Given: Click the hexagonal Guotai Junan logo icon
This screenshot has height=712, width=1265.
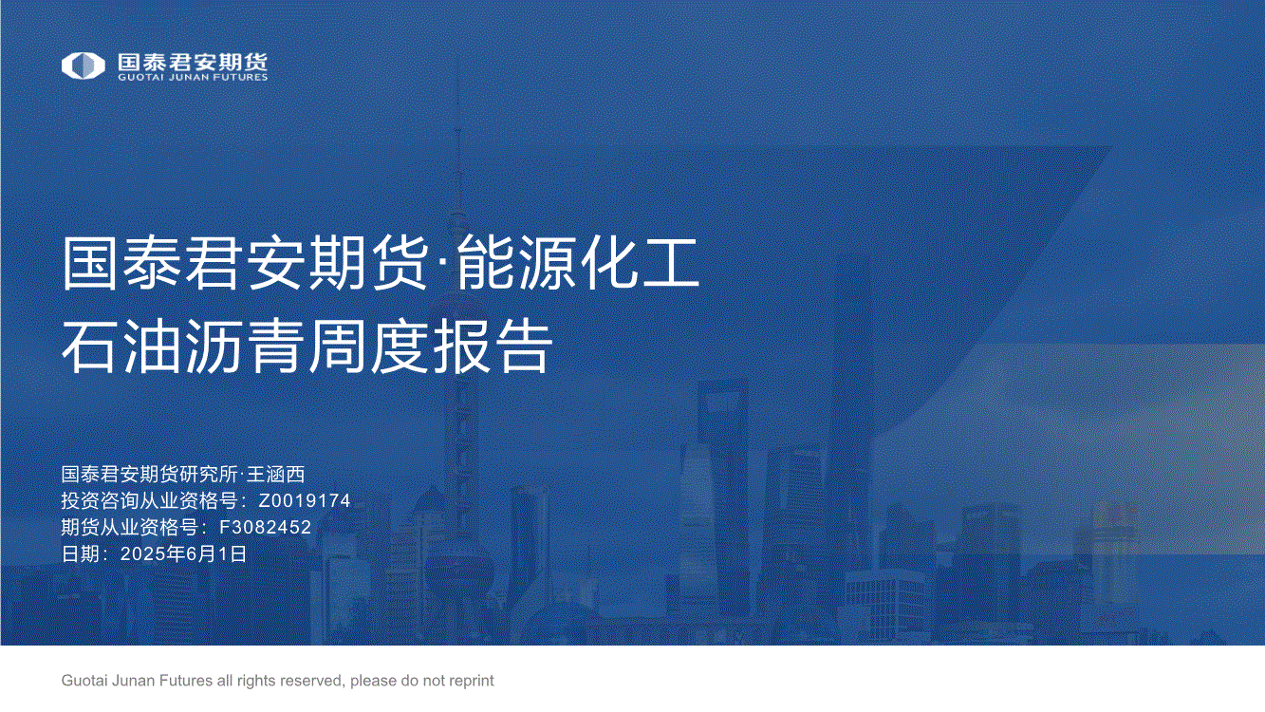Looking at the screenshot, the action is pyautogui.click(x=83, y=66).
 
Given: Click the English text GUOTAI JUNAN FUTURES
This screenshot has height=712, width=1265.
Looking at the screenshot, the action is pyautogui.click(x=193, y=77).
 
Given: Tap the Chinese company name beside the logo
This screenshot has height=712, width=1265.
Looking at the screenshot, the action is pyautogui.click(x=193, y=62).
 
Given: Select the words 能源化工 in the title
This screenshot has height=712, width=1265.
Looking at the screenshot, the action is pyautogui.click(x=578, y=263).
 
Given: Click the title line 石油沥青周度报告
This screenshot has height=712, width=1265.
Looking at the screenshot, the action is pyautogui.click(x=307, y=346).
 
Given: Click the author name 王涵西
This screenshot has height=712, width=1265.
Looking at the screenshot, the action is pyautogui.click(x=275, y=474).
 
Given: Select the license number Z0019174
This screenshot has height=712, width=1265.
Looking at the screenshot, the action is pyautogui.click(x=305, y=500).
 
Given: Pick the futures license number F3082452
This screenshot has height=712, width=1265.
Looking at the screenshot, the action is pyautogui.click(x=265, y=527).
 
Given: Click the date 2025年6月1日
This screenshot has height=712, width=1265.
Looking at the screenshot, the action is pyautogui.click(x=183, y=553).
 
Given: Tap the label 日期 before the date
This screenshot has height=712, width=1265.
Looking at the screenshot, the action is pyautogui.click(x=81, y=553).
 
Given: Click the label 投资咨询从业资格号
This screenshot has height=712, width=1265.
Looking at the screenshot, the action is pyautogui.click(x=149, y=500).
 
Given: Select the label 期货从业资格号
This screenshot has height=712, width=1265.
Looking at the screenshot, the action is pyautogui.click(x=129, y=527).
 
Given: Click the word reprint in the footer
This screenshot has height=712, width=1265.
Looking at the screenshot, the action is pyautogui.click(x=470, y=681).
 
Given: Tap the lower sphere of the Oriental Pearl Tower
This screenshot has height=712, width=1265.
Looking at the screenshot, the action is pyautogui.click(x=458, y=565).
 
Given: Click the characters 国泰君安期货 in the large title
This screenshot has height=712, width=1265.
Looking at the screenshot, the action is pyautogui.click(x=244, y=263).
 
